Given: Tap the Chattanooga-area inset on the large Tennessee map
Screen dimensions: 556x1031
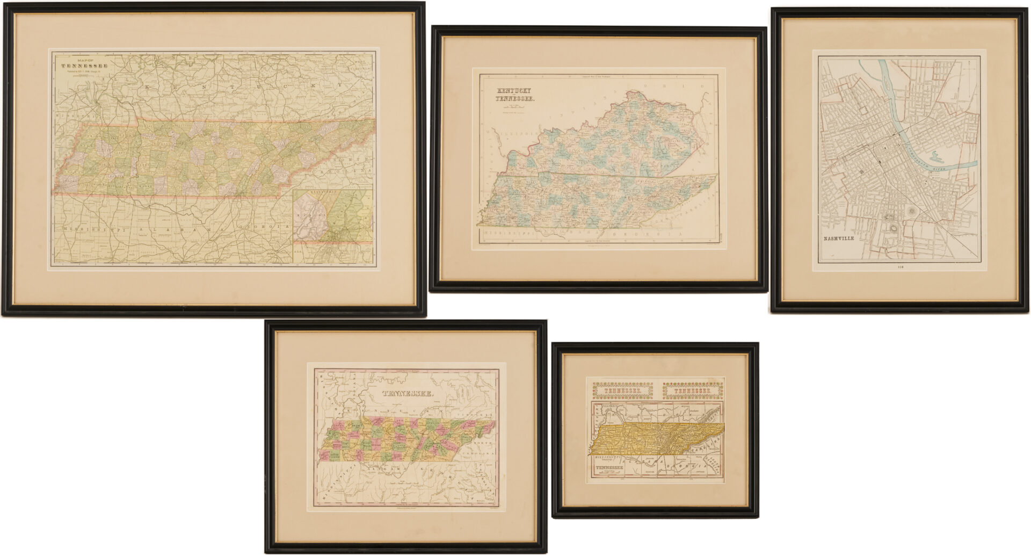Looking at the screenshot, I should click(333, 226).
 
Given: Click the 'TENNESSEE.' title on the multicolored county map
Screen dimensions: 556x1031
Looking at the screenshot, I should click(408, 394).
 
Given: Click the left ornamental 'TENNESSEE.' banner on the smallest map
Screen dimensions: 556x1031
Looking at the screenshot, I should click(623, 391).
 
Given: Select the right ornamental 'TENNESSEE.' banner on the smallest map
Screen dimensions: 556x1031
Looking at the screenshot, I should click(693, 391).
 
